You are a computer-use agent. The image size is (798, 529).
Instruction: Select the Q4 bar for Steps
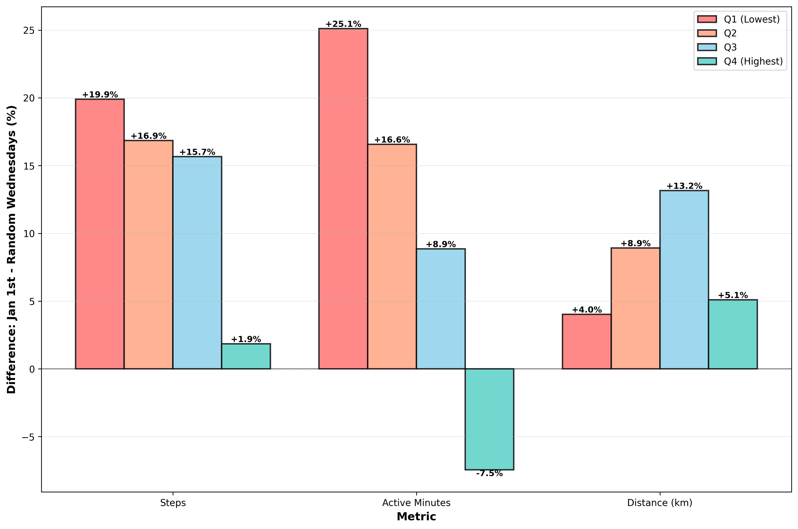point(246,356)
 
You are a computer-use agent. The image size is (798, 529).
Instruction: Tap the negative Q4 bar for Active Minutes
point(489,419)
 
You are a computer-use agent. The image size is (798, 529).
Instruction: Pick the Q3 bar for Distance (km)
point(684,280)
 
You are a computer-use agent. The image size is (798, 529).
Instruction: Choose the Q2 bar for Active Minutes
point(392,256)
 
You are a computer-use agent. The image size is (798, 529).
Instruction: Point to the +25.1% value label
point(343,24)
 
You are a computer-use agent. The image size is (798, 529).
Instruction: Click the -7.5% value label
point(489,474)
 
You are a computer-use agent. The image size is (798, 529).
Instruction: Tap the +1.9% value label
point(246,339)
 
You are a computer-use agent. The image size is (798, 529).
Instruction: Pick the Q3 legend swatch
point(707,47)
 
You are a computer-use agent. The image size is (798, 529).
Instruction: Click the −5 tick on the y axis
point(29,437)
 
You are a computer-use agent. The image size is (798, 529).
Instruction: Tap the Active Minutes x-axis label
point(416,503)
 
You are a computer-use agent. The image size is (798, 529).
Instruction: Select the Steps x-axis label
point(173,503)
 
